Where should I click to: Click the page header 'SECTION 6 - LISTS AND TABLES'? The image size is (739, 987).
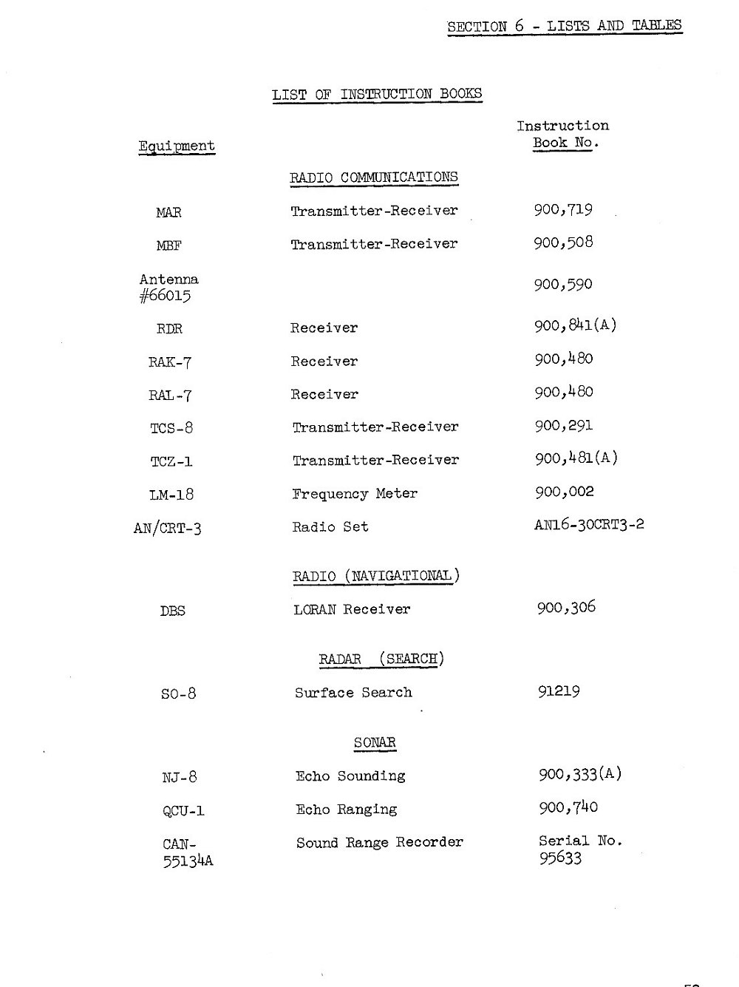(564, 26)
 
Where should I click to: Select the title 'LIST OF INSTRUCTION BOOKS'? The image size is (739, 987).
(377, 94)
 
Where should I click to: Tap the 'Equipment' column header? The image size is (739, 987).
(177, 146)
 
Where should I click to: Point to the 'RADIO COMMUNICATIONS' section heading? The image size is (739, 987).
(373, 177)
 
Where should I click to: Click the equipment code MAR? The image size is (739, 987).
(168, 213)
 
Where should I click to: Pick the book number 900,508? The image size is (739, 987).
(563, 242)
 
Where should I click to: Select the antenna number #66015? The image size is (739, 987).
(166, 296)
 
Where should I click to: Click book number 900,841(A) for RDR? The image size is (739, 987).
(575, 325)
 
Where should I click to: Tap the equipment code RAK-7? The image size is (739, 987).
(170, 362)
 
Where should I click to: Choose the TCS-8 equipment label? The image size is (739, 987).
(171, 428)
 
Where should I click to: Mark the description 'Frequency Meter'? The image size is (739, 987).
(355, 493)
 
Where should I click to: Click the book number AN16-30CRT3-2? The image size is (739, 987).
(589, 525)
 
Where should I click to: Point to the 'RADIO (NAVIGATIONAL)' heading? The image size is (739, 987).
(376, 576)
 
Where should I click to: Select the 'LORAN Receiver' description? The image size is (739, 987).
(352, 610)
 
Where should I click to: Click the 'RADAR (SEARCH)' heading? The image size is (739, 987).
(381, 659)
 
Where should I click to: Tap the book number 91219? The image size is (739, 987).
(559, 692)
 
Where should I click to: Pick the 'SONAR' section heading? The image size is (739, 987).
(375, 742)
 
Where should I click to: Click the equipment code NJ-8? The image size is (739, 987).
(180, 777)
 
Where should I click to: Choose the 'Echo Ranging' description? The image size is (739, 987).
(346, 810)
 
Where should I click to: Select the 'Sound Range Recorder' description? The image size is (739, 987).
(380, 843)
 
